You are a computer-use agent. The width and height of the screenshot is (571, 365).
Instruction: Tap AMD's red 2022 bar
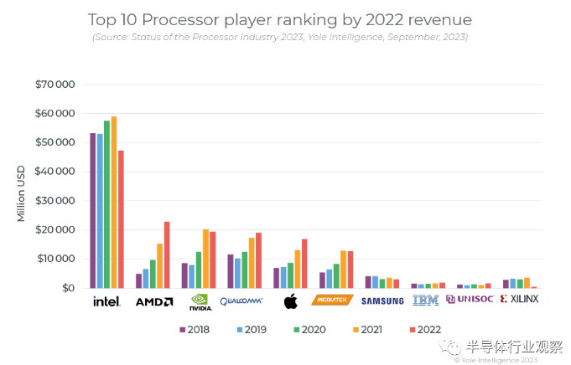(x=167, y=254)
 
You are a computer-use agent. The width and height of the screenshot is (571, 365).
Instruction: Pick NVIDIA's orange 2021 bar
(x=205, y=259)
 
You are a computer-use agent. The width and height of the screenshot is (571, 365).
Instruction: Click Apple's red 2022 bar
(x=304, y=264)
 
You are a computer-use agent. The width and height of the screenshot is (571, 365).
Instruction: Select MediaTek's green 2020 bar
(x=336, y=276)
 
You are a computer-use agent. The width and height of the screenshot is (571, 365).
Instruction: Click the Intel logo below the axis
(x=106, y=301)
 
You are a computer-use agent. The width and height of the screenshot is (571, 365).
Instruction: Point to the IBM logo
(x=426, y=300)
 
